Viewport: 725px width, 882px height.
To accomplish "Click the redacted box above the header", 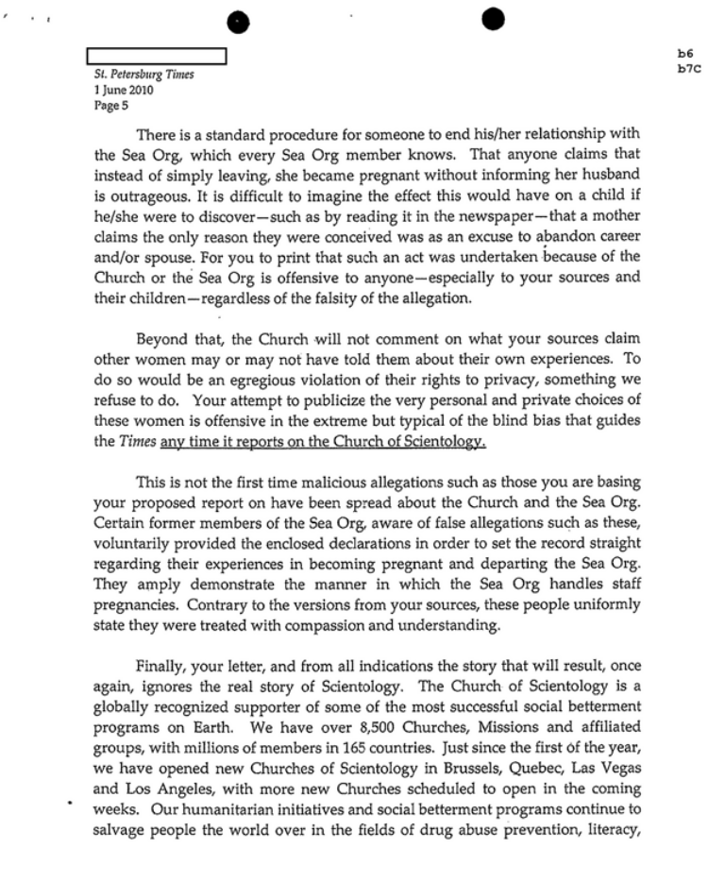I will point(157,57).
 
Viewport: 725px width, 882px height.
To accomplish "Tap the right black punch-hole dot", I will point(493,18).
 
